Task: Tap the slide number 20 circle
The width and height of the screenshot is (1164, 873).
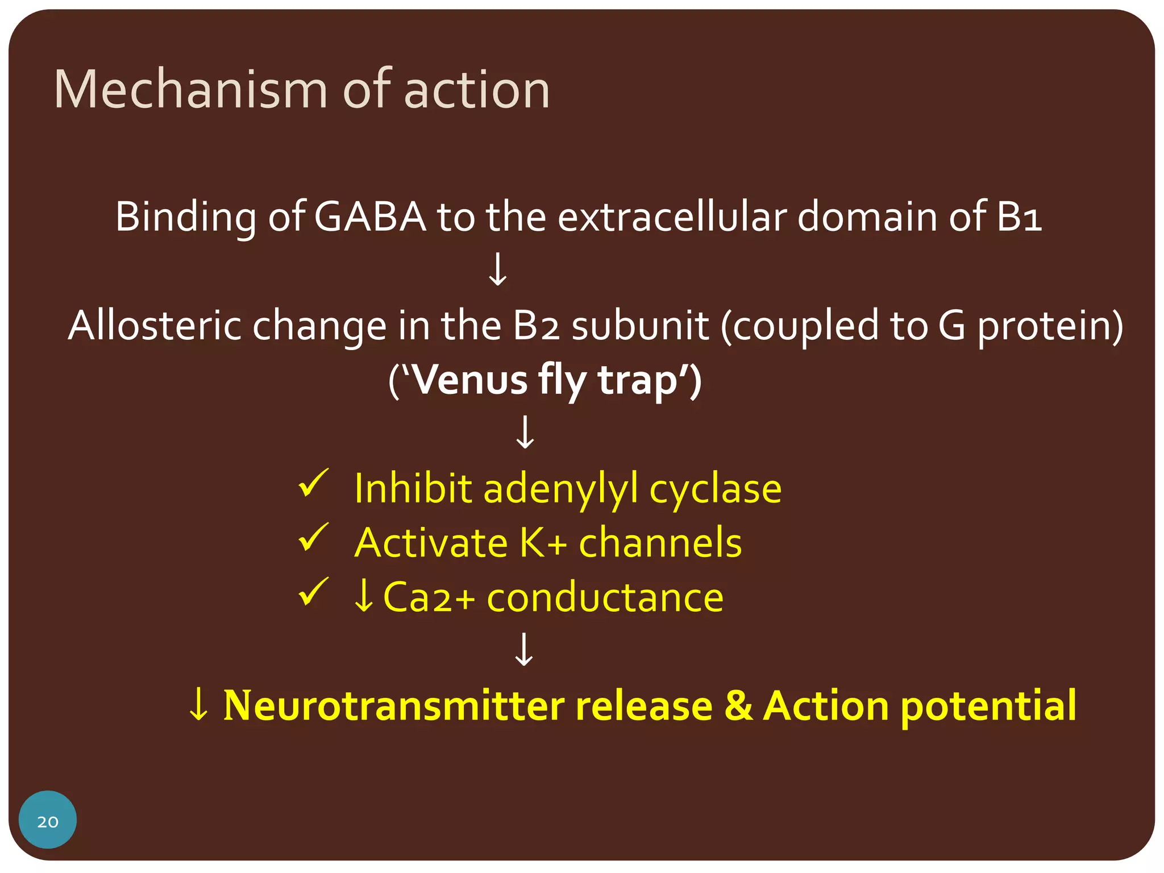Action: (48, 820)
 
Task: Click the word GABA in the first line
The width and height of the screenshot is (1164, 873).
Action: (370, 217)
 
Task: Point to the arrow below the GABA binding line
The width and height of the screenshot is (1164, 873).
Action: (498, 269)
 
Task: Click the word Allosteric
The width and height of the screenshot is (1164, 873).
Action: (155, 326)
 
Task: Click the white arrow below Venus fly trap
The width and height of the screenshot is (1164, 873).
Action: (525, 433)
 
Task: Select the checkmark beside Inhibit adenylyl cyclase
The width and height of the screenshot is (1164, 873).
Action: (313, 484)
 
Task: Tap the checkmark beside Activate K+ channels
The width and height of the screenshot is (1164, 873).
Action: (313, 538)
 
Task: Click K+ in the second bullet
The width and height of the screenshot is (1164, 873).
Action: (543, 543)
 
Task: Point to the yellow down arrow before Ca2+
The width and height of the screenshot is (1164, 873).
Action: (364, 596)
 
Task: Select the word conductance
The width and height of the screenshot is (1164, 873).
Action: (605, 597)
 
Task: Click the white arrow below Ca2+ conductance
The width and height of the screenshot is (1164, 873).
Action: (524, 650)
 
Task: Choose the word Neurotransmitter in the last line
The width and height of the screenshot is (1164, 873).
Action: (394, 706)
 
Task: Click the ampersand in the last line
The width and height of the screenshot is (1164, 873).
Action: (738, 706)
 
